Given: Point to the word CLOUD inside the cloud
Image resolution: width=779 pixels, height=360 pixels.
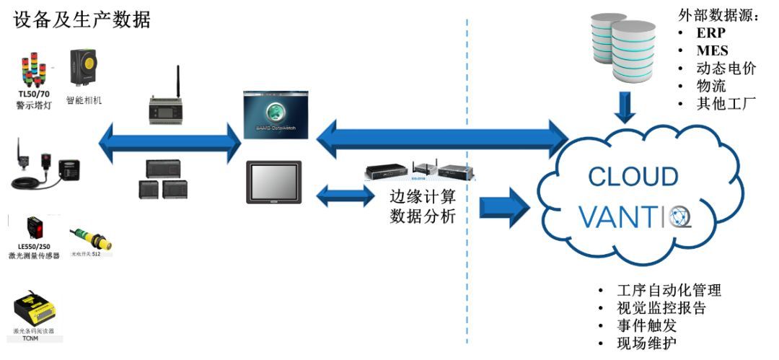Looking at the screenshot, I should tap(633, 177).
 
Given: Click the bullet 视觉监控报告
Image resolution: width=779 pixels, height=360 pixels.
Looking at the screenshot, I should tap(661, 308).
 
